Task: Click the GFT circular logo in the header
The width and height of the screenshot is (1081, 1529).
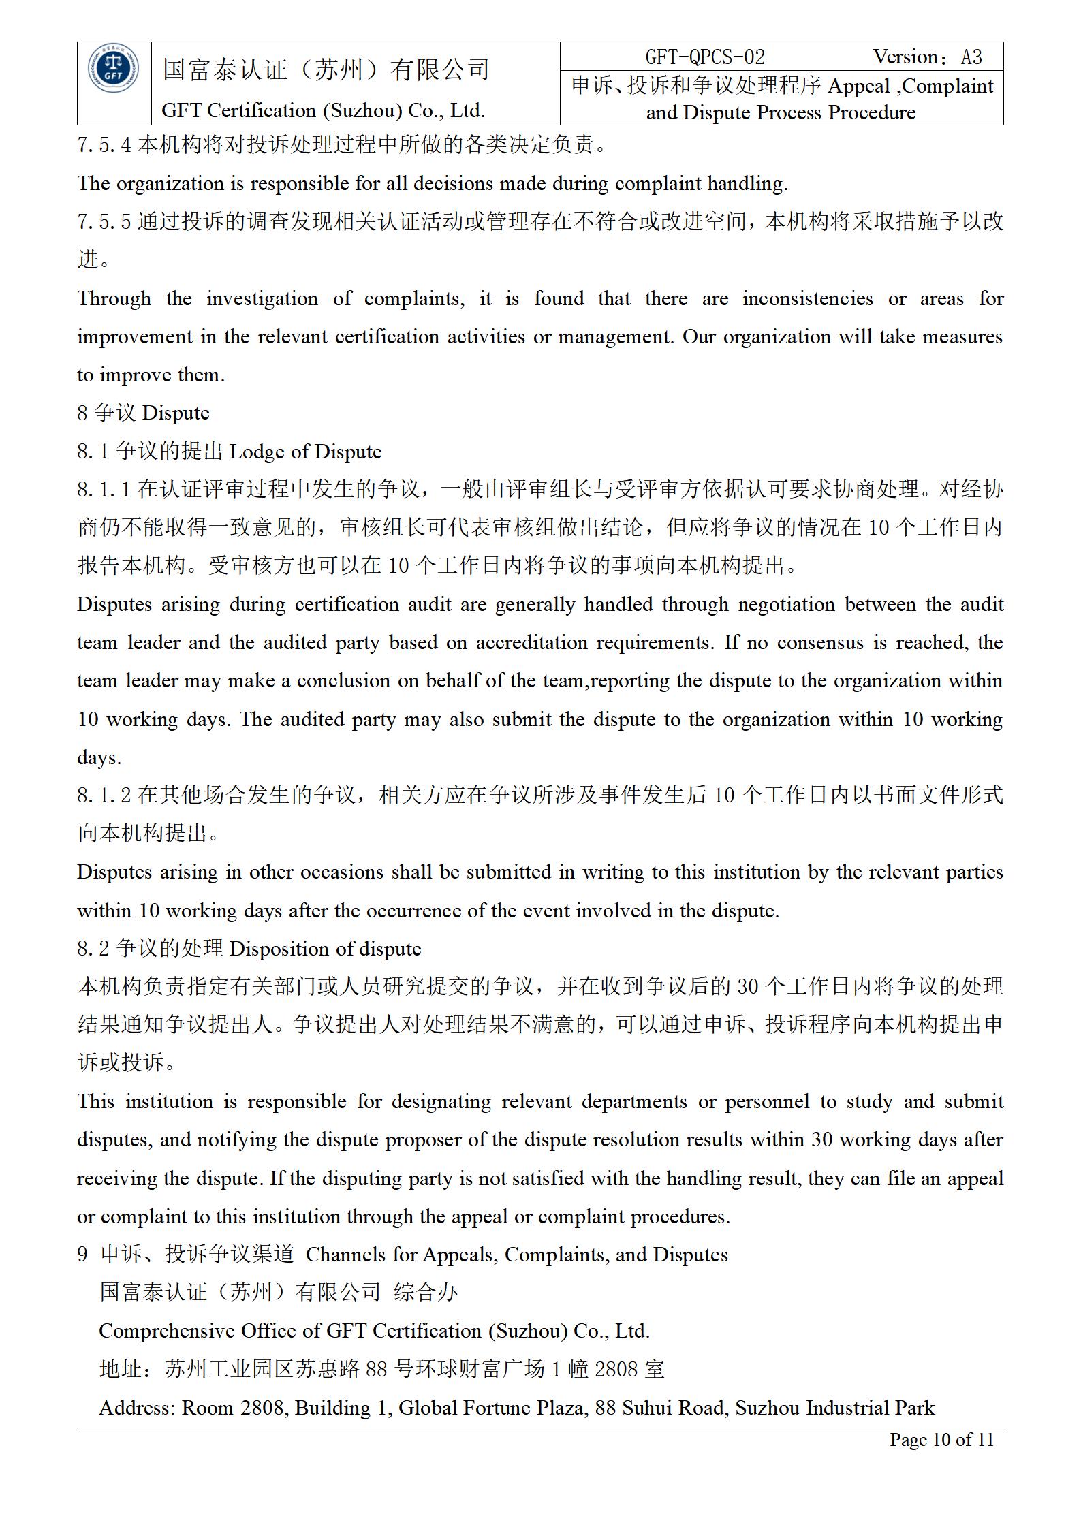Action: [114, 69]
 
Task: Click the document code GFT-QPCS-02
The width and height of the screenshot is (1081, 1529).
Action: [704, 57]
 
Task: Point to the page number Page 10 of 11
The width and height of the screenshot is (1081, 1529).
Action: [941, 1439]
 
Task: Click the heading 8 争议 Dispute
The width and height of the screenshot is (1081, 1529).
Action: [143, 413]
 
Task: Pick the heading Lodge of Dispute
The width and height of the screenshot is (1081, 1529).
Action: [305, 452]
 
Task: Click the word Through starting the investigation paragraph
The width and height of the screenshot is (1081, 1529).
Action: [114, 298]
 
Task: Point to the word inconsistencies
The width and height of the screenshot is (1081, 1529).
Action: [807, 298]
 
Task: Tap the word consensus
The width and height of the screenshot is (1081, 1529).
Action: [820, 643]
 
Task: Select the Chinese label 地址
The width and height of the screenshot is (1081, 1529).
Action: [121, 1369]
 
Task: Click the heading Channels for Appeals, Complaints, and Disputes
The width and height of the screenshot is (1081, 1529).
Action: [516, 1255]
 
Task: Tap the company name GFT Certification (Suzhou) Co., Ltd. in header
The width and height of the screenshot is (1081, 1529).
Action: [323, 110]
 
